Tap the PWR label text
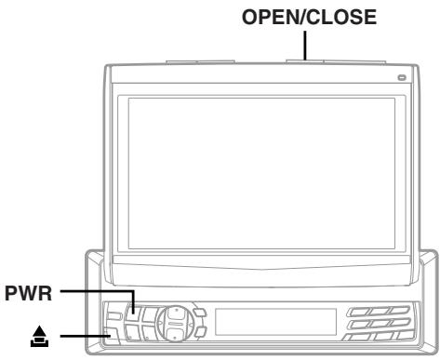tap(27, 293)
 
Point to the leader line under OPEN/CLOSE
tap(304, 45)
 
